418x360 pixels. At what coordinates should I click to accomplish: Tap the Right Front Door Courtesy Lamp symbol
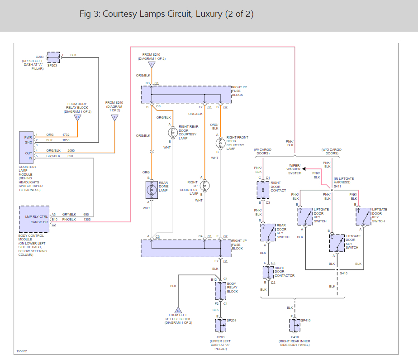click(x=221, y=143)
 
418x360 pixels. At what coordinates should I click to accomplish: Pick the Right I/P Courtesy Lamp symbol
click(x=204, y=186)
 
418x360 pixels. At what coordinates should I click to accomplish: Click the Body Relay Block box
click(x=220, y=291)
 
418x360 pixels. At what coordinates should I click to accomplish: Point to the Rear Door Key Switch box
click(x=268, y=232)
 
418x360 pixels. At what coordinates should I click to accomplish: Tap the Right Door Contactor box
click(x=268, y=273)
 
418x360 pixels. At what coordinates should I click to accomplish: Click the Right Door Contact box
click(x=263, y=190)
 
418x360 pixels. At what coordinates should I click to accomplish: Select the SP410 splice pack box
click(x=295, y=325)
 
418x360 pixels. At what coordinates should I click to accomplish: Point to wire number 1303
click(x=87, y=219)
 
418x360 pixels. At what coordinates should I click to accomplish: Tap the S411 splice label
click(x=337, y=186)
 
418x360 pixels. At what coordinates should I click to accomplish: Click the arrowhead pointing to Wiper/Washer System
click(x=304, y=169)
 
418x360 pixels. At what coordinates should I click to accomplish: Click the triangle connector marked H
click(x=77, y=118)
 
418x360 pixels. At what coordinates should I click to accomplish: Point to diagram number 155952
click(x=22, y=351)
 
